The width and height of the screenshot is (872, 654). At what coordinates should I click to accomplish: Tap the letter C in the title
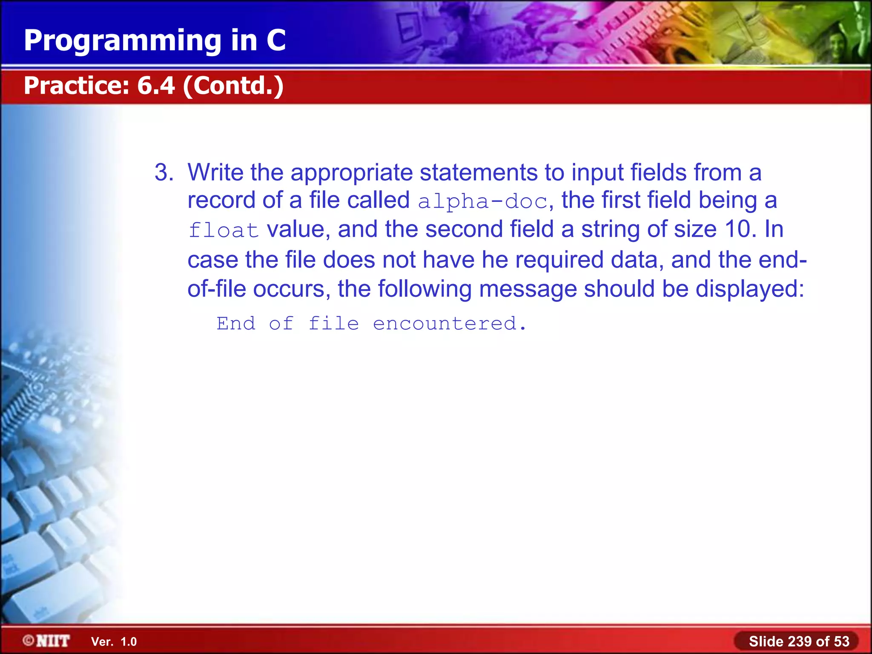click(x=276, y=40)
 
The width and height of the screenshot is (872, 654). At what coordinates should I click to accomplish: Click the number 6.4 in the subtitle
click(x=156, y=86)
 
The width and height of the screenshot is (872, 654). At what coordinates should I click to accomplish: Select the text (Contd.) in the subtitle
click(x=233, y=86)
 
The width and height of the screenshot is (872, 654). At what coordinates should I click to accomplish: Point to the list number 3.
click(x=163, y=172)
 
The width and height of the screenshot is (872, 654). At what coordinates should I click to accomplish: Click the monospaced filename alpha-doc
click(x=482, y=201)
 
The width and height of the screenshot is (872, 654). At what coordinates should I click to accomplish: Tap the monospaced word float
click(x=224, y=230)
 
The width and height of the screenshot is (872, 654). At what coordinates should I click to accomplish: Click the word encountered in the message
click(x=445, y=324)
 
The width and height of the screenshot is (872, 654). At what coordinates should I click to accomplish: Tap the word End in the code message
click(x=236, y=324)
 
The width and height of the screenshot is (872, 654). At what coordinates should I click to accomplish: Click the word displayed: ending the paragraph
click(x=750, y=289)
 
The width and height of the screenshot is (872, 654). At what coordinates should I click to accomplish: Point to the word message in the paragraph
click(x=528, y=289)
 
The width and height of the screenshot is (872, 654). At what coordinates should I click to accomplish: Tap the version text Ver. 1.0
click(x=114, y=642)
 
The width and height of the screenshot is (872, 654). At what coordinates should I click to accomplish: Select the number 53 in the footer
click(x=841, y=641)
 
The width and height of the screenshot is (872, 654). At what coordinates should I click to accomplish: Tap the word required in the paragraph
click(x=559, y=260)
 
